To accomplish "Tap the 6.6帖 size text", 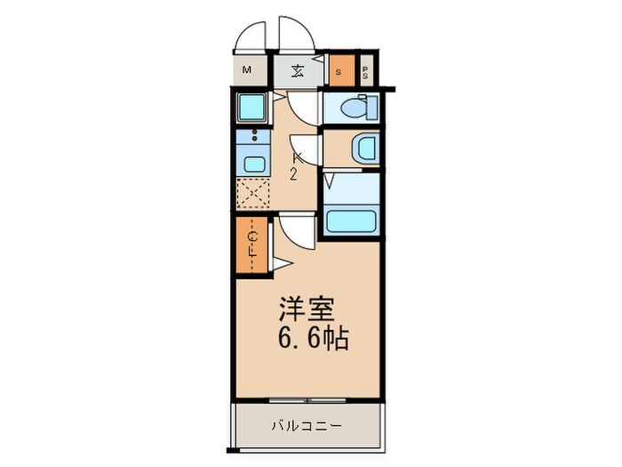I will point(310,339).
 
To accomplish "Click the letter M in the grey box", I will point(247,71).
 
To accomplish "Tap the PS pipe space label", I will point(365,71).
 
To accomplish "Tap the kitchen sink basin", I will point(254,163).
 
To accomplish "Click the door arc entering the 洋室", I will point(296,233).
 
